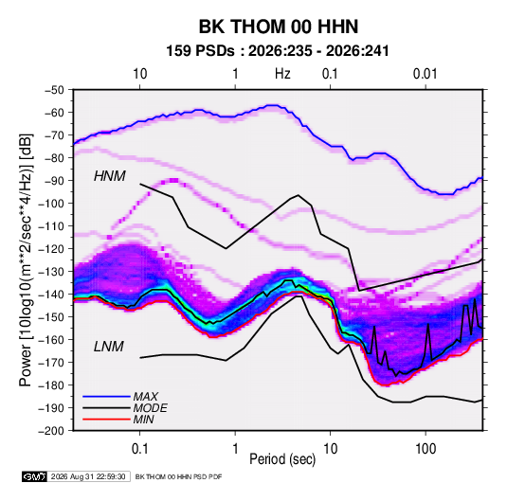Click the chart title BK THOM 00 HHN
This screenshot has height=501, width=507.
[x=279, y=27]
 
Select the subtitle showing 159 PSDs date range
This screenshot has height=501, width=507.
[x=278, y=51]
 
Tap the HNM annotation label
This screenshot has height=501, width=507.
[x=110, y=176]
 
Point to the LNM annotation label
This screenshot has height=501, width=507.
[x=109, y=347]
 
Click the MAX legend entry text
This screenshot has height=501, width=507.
[x=146, y=397]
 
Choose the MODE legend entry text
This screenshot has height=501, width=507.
[x=151, y=408]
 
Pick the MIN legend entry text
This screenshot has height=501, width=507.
[x=143, y=420]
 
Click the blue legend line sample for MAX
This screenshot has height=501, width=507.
[x=106, y=396]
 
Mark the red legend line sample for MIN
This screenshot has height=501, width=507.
[x=106, y=420]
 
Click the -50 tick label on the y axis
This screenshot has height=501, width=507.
[x=55, y=90]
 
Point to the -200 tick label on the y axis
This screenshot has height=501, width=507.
[x=51, y=431]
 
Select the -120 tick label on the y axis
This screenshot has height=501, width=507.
[x=51, y=249]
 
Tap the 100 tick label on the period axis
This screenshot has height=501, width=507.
[x=426, y=449]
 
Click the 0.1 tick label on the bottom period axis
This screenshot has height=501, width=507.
[x=139, y=449]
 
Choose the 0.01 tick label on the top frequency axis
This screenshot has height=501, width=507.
[x=426, y=74]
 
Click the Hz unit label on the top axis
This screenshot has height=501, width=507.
[x=282, y=74]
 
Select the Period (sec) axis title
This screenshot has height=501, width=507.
[x=282, y=459]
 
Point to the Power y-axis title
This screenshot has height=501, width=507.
[x=26, y=259]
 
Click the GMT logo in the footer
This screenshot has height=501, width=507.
[x=35, y=476]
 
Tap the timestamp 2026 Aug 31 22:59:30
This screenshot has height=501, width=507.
[x=88, y=476]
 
